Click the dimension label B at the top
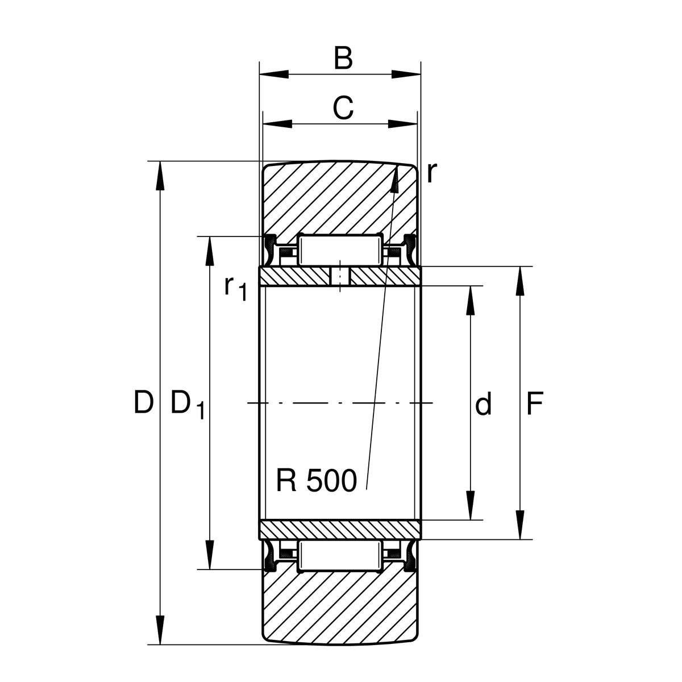pos(343,59)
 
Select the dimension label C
pos(343,107)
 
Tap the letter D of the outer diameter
pos(143,403)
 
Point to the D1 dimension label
pos(186,405)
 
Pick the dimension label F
pos(534,404)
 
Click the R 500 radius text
pos(316,481)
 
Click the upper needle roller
pos(340,250)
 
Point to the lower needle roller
pos(340,556)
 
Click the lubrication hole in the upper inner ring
pos(340,277)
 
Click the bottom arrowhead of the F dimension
pos(519,525)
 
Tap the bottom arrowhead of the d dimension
pos(470,506)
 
